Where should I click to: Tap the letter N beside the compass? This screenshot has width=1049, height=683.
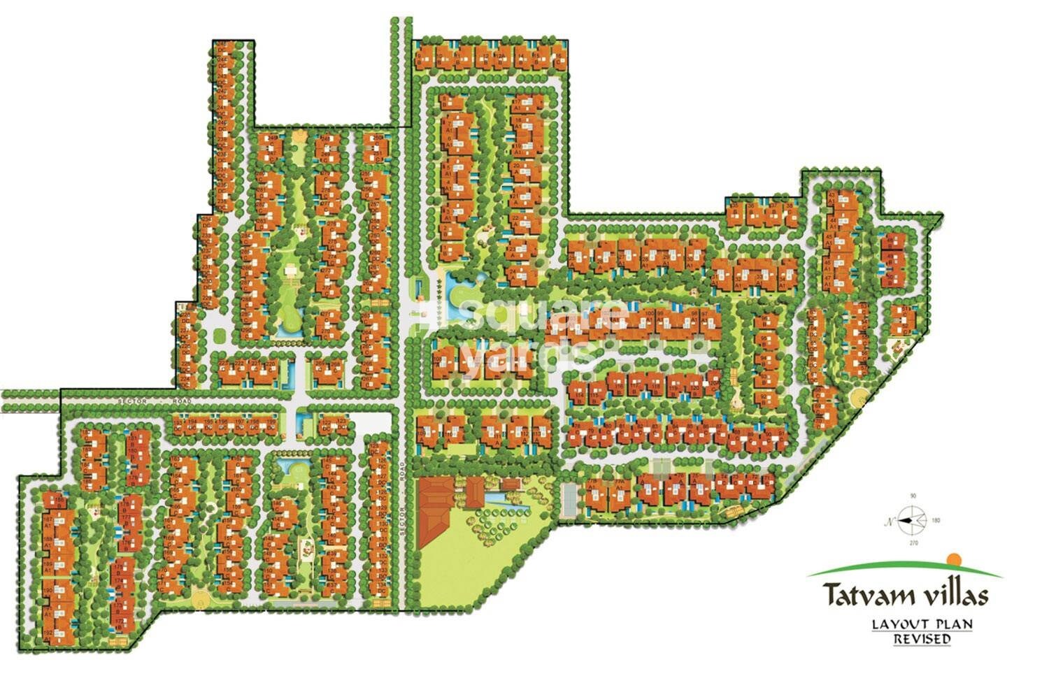click(x=890, y=521)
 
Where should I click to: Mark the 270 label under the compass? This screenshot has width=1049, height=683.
click(x=913, y=542)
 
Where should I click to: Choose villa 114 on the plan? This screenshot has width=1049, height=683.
click(x=578, y=395)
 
